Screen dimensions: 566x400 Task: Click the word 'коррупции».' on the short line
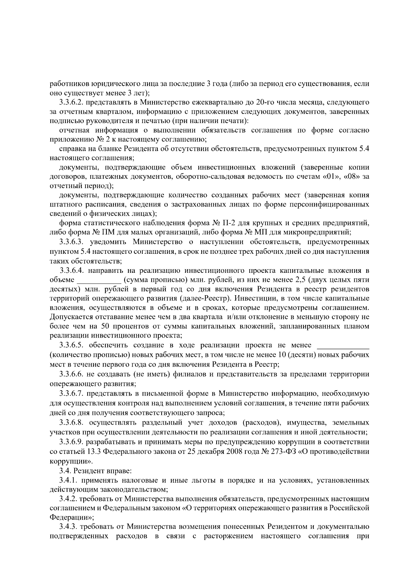click(71, 462)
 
